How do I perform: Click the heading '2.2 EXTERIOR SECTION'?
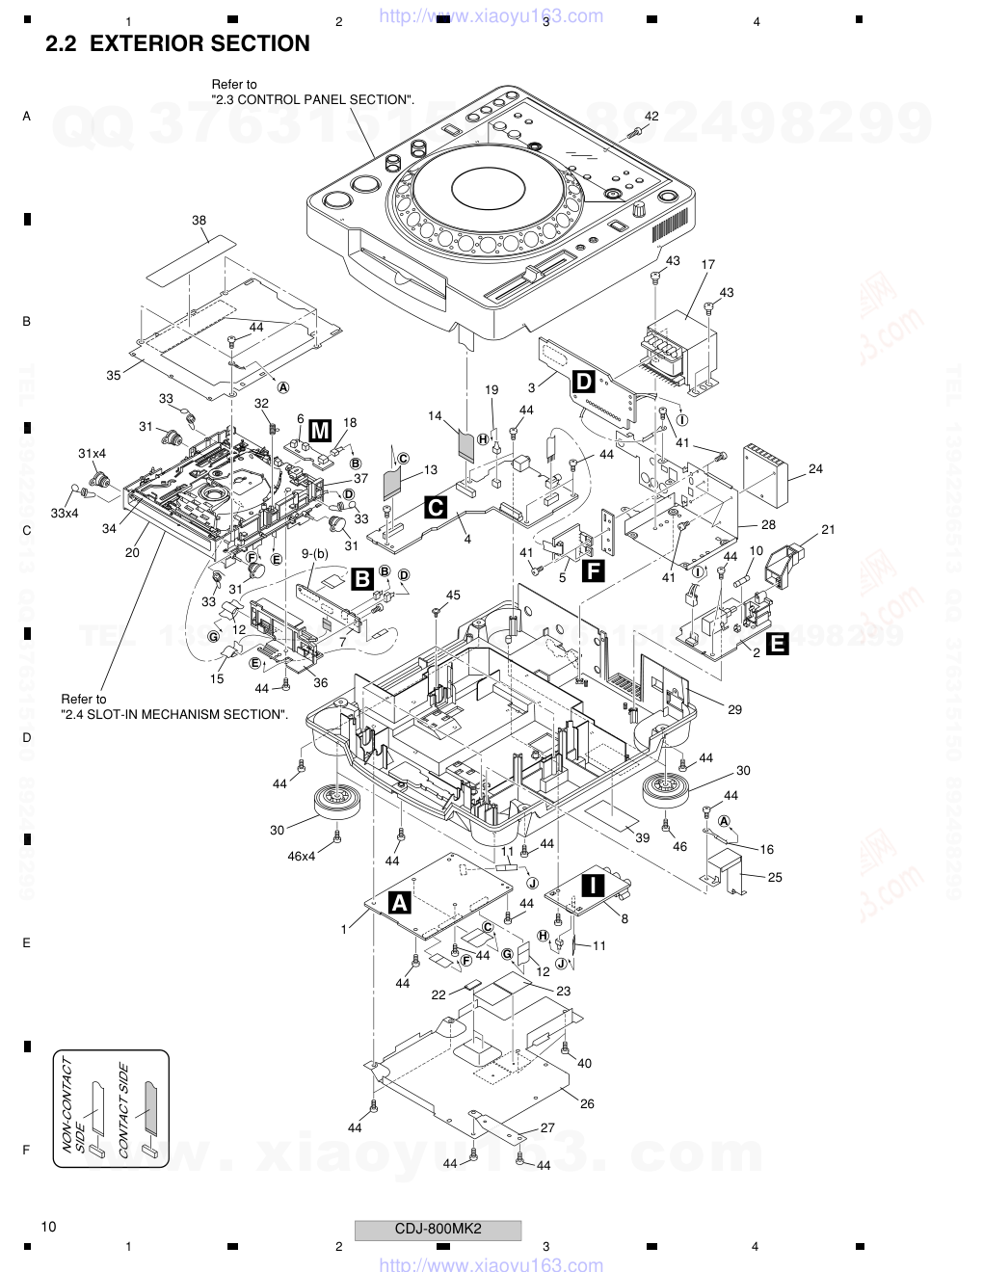pyautogui.click(x=177, y=43)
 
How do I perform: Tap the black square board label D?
pyautogui.click(x=584, y=381)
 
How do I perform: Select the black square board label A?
pyautogui.click(x=399, y=902)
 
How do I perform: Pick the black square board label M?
pyautogui.click(x=320, y=430)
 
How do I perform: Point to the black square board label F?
pyautogui.click(x=594, y=571)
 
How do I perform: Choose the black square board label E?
pyautogui.click(x=777, y=644)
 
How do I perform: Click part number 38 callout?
pyautogui.click(x=199, y=221)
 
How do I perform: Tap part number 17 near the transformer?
pyautogui.click(x=707, y=264)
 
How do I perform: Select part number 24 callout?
pyautogui.click(x=816, y=469)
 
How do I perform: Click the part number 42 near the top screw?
pyautogui.click(x=651, y=116)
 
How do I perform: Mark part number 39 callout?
pyautogui.click(x=642, y=837)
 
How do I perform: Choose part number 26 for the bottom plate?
pyautogui.click(x=587, y=1103)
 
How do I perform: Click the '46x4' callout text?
pyautogui.click(x=301, y=856)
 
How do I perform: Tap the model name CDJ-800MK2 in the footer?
pyautogui.click(x=438, y=1229)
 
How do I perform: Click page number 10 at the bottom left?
pyautogui.click(x=49, y=1227)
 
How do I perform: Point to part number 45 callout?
pyautogui.click(x=453, y=595)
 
